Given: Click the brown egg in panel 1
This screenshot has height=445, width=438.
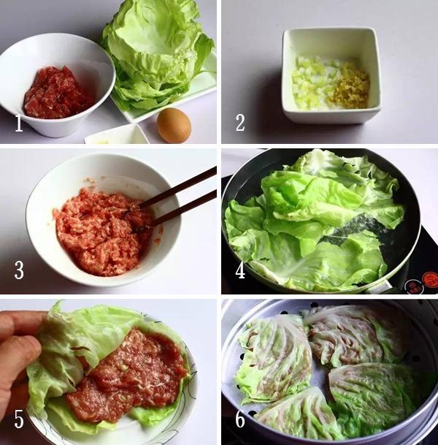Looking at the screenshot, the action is pyautogui.click(x=174, y=125).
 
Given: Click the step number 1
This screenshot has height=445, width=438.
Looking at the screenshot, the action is pyautogui.click(x=19, y=123).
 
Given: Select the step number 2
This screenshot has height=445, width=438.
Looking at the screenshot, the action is pyautogui.click(x=240, y=123).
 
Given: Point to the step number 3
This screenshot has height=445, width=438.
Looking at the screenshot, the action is pyautogui.click(x=19, y=270).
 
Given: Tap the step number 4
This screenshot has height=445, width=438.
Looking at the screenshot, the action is pyautogui.click(x=240, y=270).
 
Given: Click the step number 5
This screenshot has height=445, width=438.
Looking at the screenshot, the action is pyautogui.click(x=19, y=419).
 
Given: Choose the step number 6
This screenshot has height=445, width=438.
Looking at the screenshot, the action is pyautogui.click(x=240, y=419).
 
